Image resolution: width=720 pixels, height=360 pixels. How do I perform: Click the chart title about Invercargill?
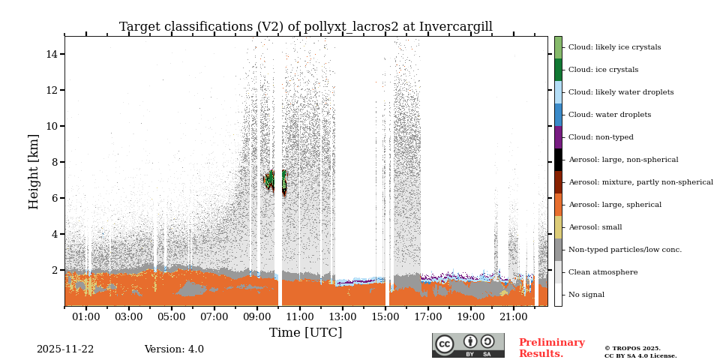[x=305, y=27]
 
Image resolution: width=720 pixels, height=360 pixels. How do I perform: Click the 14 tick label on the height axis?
[x=52, y=54]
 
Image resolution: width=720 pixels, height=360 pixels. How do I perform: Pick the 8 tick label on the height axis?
[x=55, y=162]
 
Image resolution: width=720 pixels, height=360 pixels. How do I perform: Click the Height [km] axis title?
[x=34, y=171]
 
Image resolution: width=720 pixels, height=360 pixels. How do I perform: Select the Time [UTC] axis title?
[x=305, y=332]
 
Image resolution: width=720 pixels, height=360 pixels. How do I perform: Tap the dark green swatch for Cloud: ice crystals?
[x=558, y=70]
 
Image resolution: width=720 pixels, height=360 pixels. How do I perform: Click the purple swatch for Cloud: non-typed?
[x=558, y=137]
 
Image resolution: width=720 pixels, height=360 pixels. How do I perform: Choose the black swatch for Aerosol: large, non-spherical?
[x=558, y=160]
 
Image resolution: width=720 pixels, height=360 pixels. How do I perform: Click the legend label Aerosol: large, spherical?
[x=614, y=205]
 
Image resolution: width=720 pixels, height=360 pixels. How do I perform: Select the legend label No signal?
[x=586, y=295]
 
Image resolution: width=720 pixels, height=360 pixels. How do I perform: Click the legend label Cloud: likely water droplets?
[x=620, y=92]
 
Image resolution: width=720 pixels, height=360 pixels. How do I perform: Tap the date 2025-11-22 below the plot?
[x=65, y=349]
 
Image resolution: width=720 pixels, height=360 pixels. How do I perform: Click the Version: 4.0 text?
[x=174, y=349]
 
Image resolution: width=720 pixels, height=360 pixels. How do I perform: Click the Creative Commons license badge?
[x=468, y=345]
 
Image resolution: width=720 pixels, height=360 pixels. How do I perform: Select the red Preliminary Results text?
[x=551, y=348]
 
